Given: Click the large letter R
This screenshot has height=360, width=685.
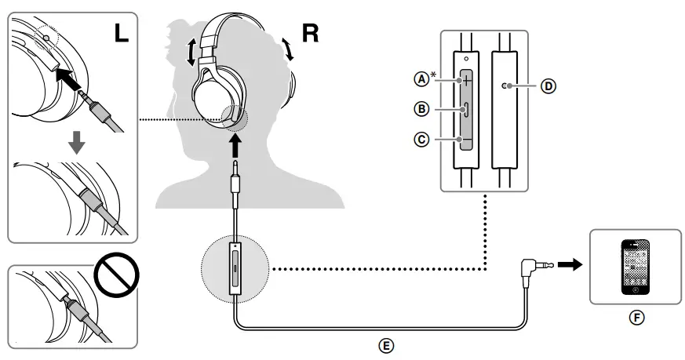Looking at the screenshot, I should [310, 36].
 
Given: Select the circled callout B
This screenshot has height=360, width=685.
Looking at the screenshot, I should [423, 109].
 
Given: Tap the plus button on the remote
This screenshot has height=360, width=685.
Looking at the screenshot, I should [467, 80].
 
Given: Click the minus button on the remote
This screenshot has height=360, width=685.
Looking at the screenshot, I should [467, 140].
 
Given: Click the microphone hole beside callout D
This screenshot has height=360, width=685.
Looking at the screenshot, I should [505, 86].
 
